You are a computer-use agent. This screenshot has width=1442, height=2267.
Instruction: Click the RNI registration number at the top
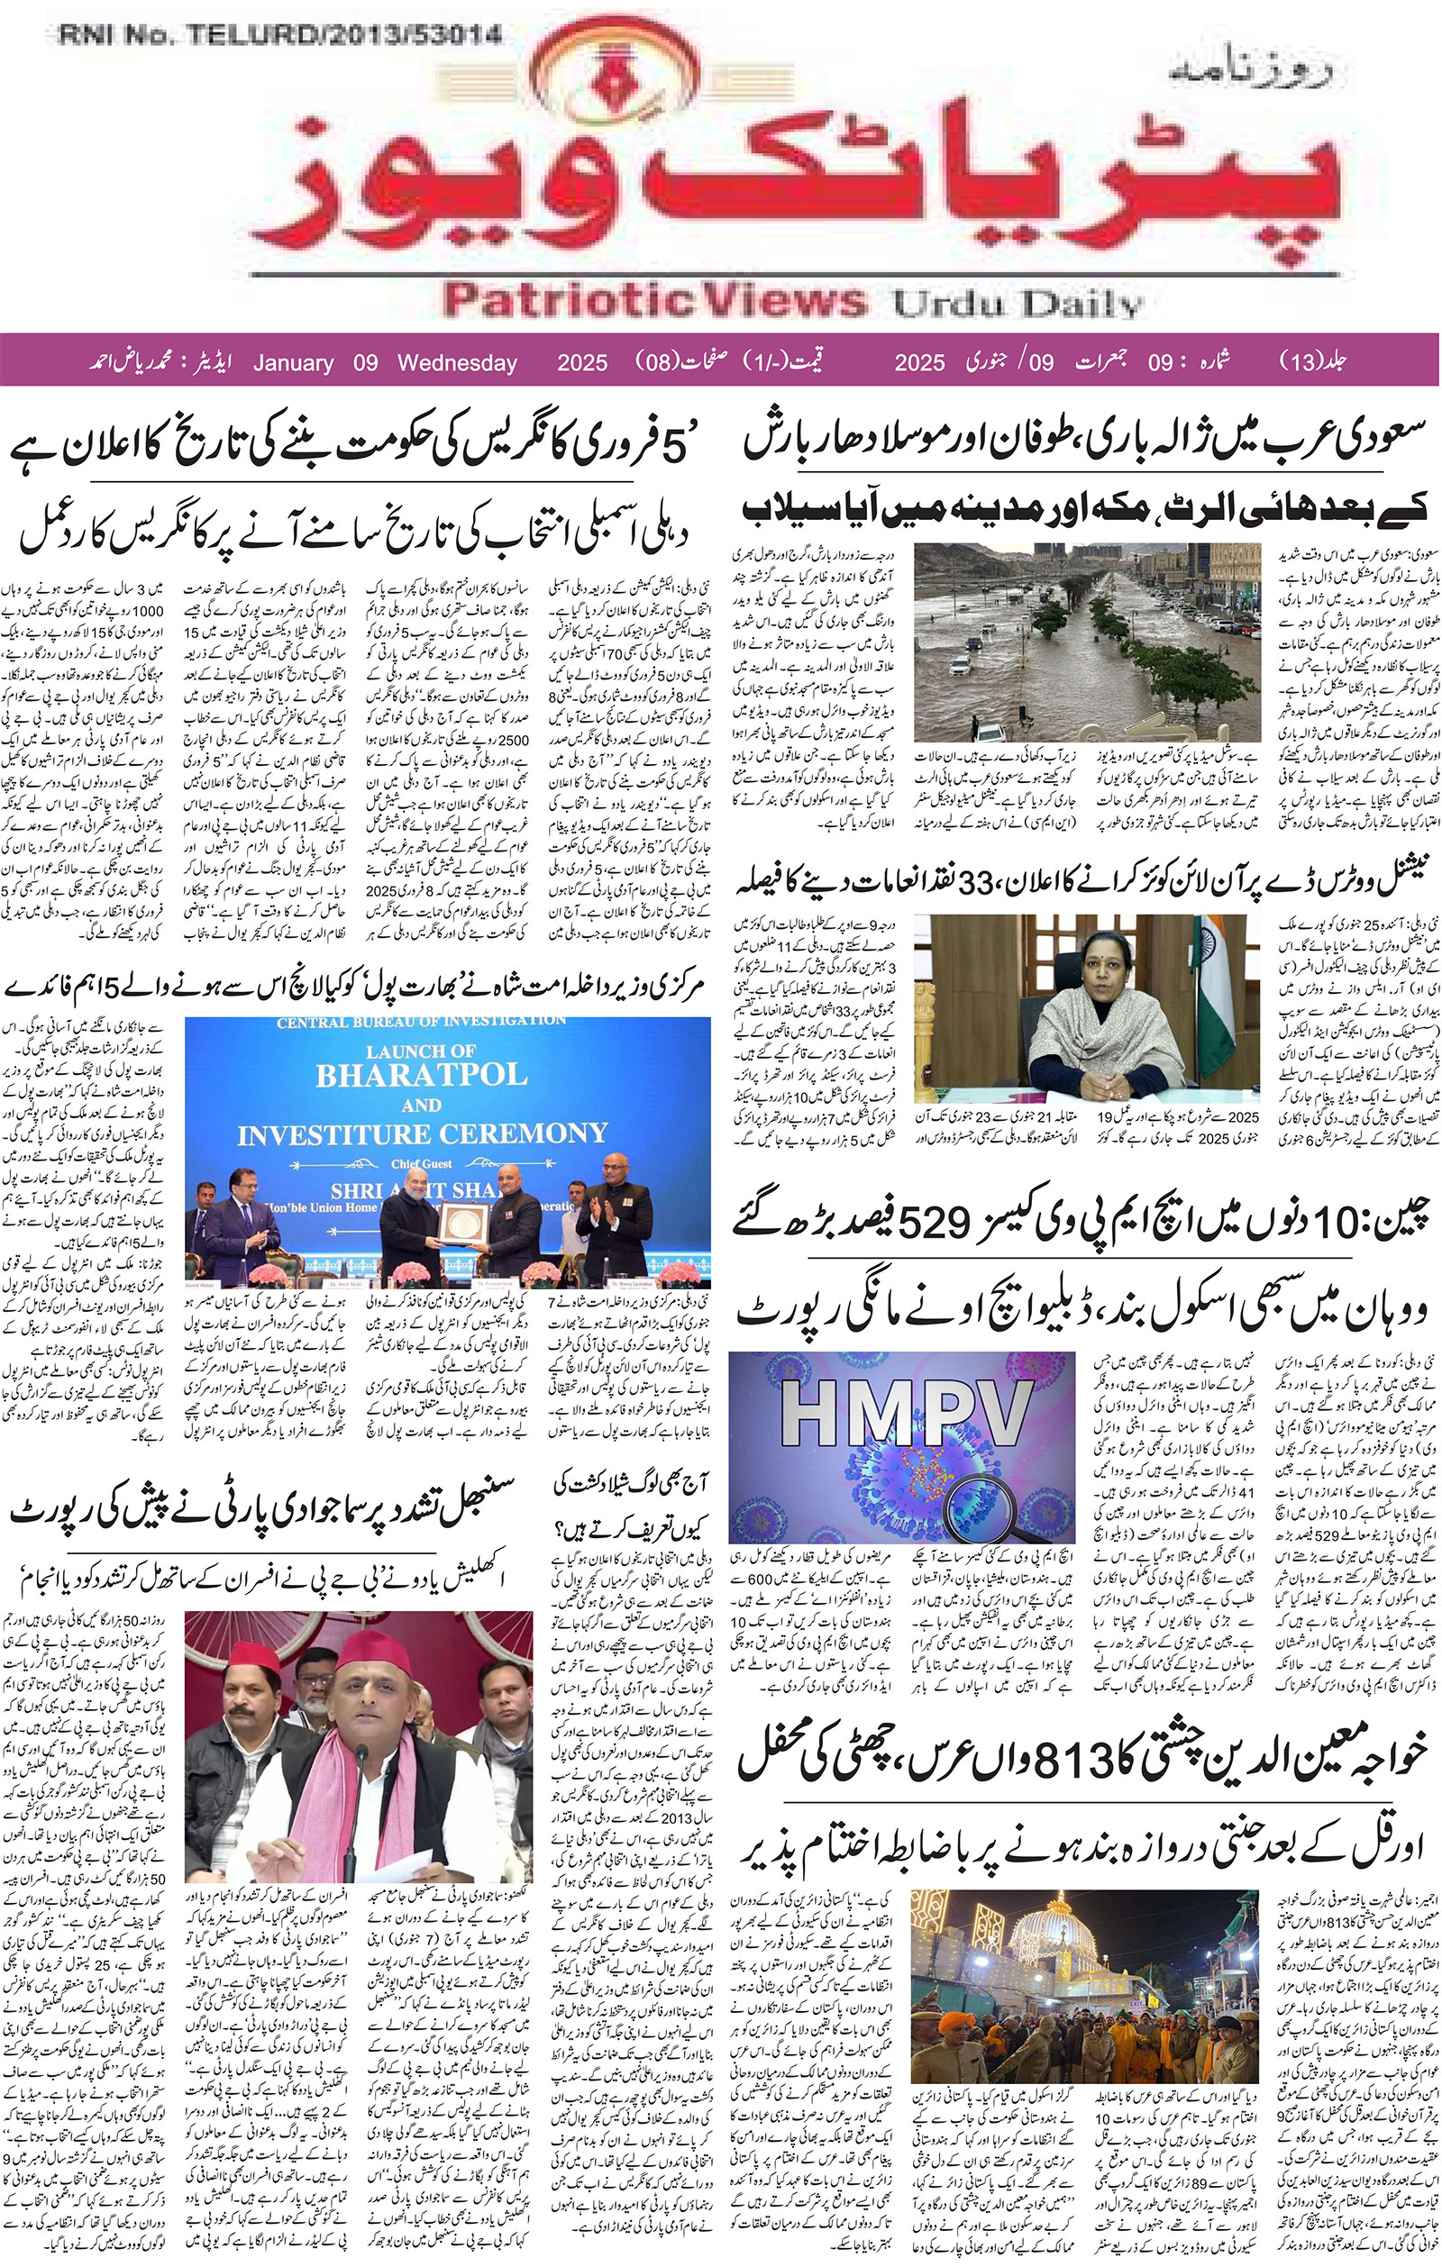tap(279, 36)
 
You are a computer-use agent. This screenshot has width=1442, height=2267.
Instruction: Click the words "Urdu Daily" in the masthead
tap(1018, 303)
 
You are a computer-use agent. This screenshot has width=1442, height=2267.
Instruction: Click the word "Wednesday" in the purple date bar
tap(457, 363)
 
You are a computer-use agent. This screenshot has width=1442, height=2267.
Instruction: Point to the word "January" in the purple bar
tap(293, 363)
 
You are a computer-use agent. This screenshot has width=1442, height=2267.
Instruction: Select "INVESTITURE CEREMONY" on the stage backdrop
tap(422, 1133)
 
